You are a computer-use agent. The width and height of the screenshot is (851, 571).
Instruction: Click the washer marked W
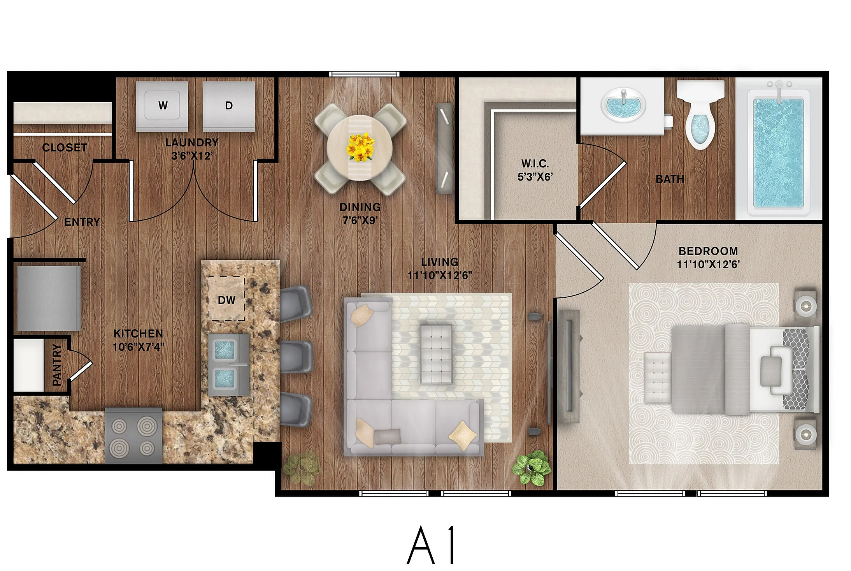[162, 106]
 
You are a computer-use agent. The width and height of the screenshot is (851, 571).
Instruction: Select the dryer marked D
[229, 106]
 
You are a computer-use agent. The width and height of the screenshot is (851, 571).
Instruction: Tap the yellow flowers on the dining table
[361, 147]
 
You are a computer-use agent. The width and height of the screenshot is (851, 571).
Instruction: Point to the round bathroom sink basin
[623, 105]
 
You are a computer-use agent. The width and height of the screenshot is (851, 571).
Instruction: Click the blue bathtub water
[778, 153]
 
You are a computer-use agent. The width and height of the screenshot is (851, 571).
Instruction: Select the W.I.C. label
[535, 163]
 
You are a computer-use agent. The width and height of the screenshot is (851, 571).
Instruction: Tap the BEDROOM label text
[708, 251]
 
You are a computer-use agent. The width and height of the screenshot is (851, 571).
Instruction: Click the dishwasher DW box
[226, 299]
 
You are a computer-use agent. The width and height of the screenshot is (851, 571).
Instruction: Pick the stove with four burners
[133, 436]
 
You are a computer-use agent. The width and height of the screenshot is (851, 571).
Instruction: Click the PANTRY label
[57, 365]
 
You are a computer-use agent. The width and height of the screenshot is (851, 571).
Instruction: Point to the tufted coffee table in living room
[436, 354]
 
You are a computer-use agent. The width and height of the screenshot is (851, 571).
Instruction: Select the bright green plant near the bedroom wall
[531, 467]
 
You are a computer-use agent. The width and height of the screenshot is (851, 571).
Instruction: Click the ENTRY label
[82, 222]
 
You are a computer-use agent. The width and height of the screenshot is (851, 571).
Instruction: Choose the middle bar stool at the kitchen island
[296, 357]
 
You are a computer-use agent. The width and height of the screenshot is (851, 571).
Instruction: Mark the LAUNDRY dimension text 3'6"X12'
[192, 156]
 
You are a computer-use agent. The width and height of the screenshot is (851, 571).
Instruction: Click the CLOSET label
[65, 148]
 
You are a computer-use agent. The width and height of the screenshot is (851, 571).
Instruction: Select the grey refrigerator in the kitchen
[49, 298]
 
